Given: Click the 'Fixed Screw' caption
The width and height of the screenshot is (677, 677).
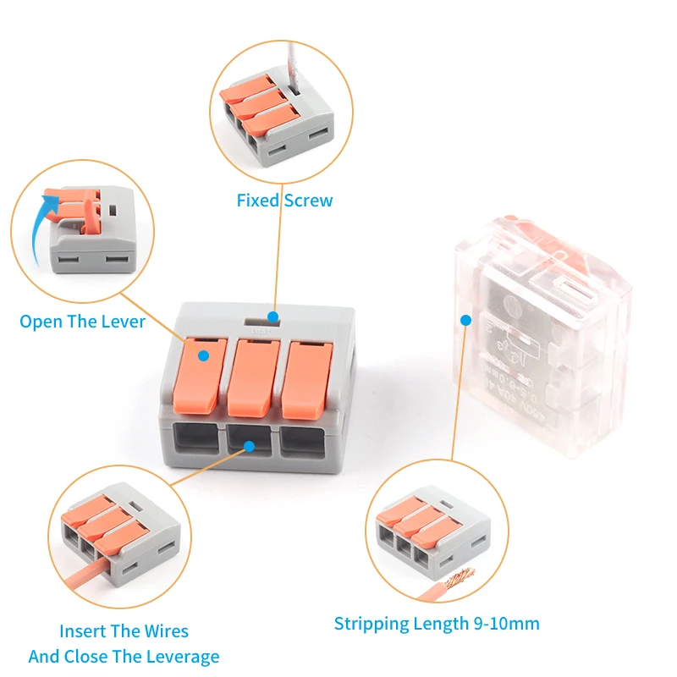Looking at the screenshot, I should click(x=284, y=201).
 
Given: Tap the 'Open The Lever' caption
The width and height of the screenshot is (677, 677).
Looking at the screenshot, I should click(x=82, y=322).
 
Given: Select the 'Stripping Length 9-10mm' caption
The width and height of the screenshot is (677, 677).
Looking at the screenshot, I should click(x=437, y=624).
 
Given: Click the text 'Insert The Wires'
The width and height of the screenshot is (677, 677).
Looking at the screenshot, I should click(x=124, y=631).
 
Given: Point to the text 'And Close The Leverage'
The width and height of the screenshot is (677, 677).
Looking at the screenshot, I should click(x=124, y=657).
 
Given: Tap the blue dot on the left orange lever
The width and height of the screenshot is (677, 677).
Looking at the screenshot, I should click(x=203, y=356).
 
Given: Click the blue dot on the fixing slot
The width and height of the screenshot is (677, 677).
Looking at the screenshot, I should click(x=272, y=316).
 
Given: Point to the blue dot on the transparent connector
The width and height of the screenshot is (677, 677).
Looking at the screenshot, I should click(x=465, y=321).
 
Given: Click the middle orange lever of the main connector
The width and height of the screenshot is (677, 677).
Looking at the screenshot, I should click(x=252, y=376).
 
